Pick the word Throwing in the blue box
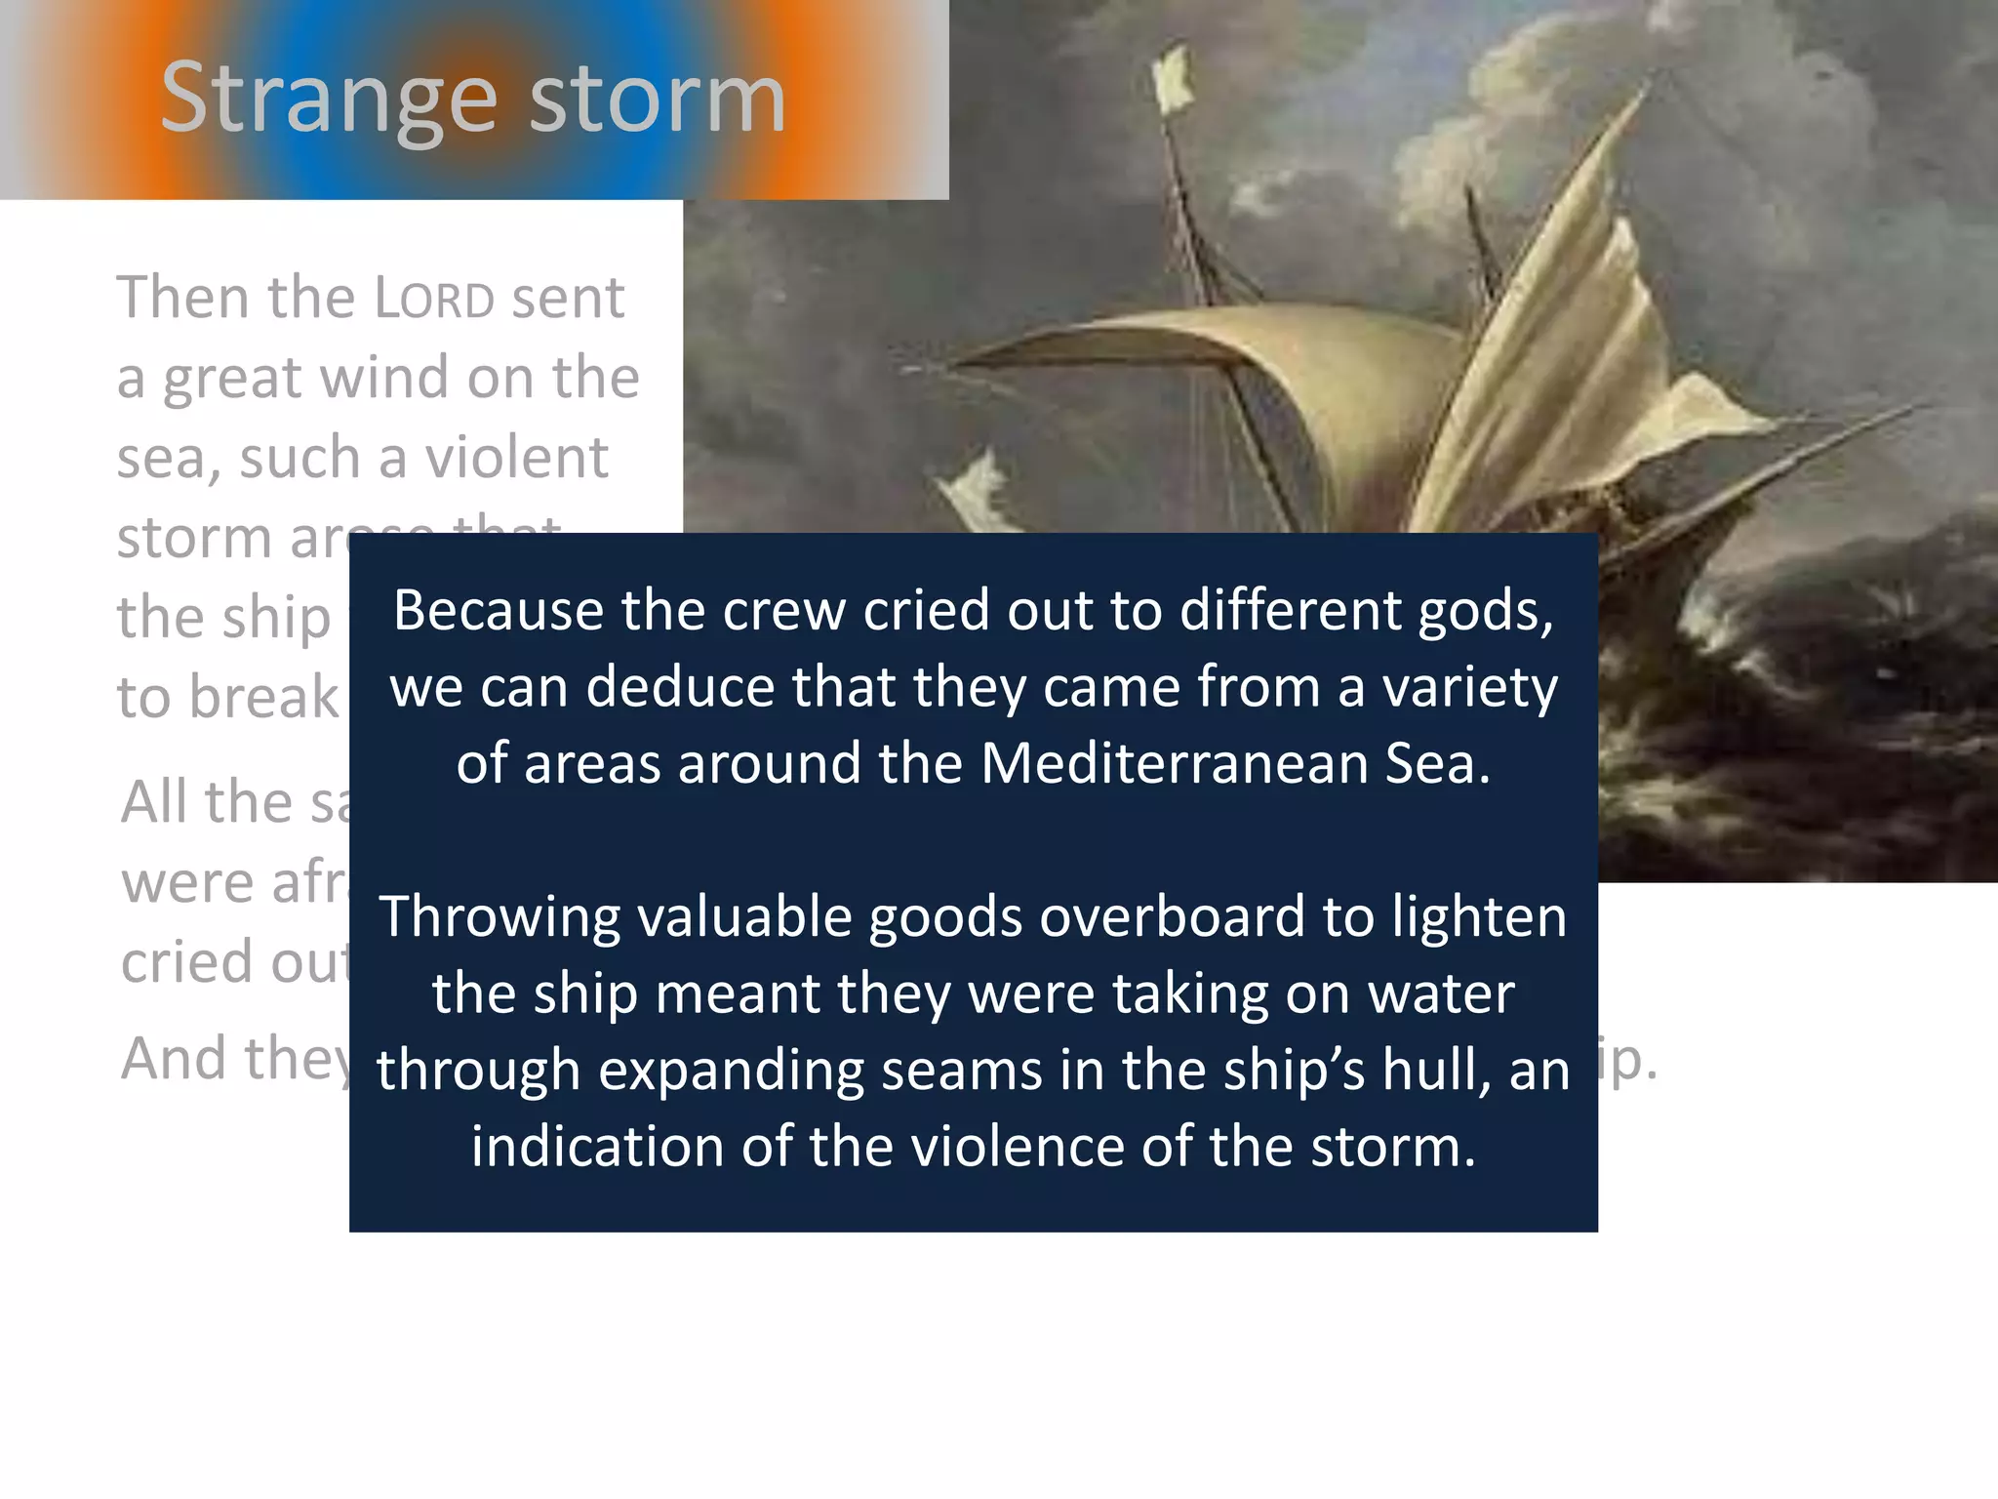pyautogui.click(x=500, y=917)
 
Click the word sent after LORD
pyautogui.click(x=568, y=299)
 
